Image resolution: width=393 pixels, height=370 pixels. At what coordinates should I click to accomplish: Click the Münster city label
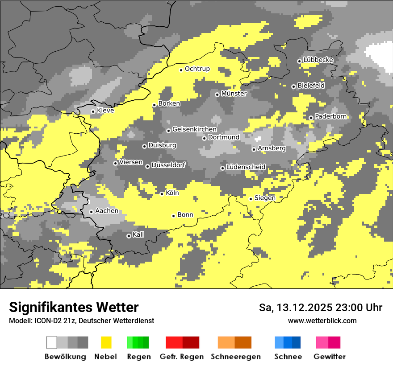pyautogui.click(x=234, y=94)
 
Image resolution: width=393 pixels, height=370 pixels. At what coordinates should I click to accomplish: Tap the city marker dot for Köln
pyautogui.click(x=162, y=193)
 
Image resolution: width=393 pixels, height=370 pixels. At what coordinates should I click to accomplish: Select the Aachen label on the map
pyautogui.click(x=107, y=211)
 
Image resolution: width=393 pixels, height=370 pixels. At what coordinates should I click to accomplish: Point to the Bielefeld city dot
pyautogui.click(x=293, y=86)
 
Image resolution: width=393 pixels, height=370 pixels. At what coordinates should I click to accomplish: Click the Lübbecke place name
pyautogui.click(x=318, y=60)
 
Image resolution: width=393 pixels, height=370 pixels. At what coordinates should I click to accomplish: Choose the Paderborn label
pyautogui.click(x=330, y=116)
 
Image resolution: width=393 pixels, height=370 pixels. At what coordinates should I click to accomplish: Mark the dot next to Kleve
pyautogui.click(x=93, y=111)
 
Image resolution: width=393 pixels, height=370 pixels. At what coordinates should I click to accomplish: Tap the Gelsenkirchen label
pyautogui.click(x=194, y=129)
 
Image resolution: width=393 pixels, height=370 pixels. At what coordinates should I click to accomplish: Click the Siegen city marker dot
pyautogui.click(x=251, y=199)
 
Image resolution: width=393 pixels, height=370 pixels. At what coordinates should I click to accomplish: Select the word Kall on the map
pyautogui.click(x=138, y=234)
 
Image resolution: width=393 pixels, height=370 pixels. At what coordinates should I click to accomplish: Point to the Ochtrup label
pyautogui.click(x=197, y=69)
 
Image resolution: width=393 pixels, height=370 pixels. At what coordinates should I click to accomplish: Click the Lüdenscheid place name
pyautogui.click(x=246, y=167)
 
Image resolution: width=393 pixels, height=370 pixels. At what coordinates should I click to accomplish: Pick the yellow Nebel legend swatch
pyautogui.click(x=106, y=342)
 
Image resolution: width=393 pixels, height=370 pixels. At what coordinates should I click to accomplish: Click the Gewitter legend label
pyautogui.click(x=329, y=357)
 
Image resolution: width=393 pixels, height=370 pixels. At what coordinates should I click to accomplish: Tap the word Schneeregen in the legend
pyautogui.click(x=235, y=357)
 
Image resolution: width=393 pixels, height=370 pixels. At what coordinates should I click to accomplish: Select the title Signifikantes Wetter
pyautogui.click(x=74, y=307)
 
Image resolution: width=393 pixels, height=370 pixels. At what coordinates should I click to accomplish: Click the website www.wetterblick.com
pyautogui.click(x=322, y=321)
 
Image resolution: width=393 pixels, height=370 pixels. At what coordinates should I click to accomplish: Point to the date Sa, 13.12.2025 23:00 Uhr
pyautogui.click(x=321, y=308)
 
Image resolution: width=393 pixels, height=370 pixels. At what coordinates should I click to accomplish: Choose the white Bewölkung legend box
pyautogui.click(x=52, y=342)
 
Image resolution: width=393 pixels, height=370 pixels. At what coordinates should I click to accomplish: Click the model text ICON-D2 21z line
pyautogui.click(x=81, y=321)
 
